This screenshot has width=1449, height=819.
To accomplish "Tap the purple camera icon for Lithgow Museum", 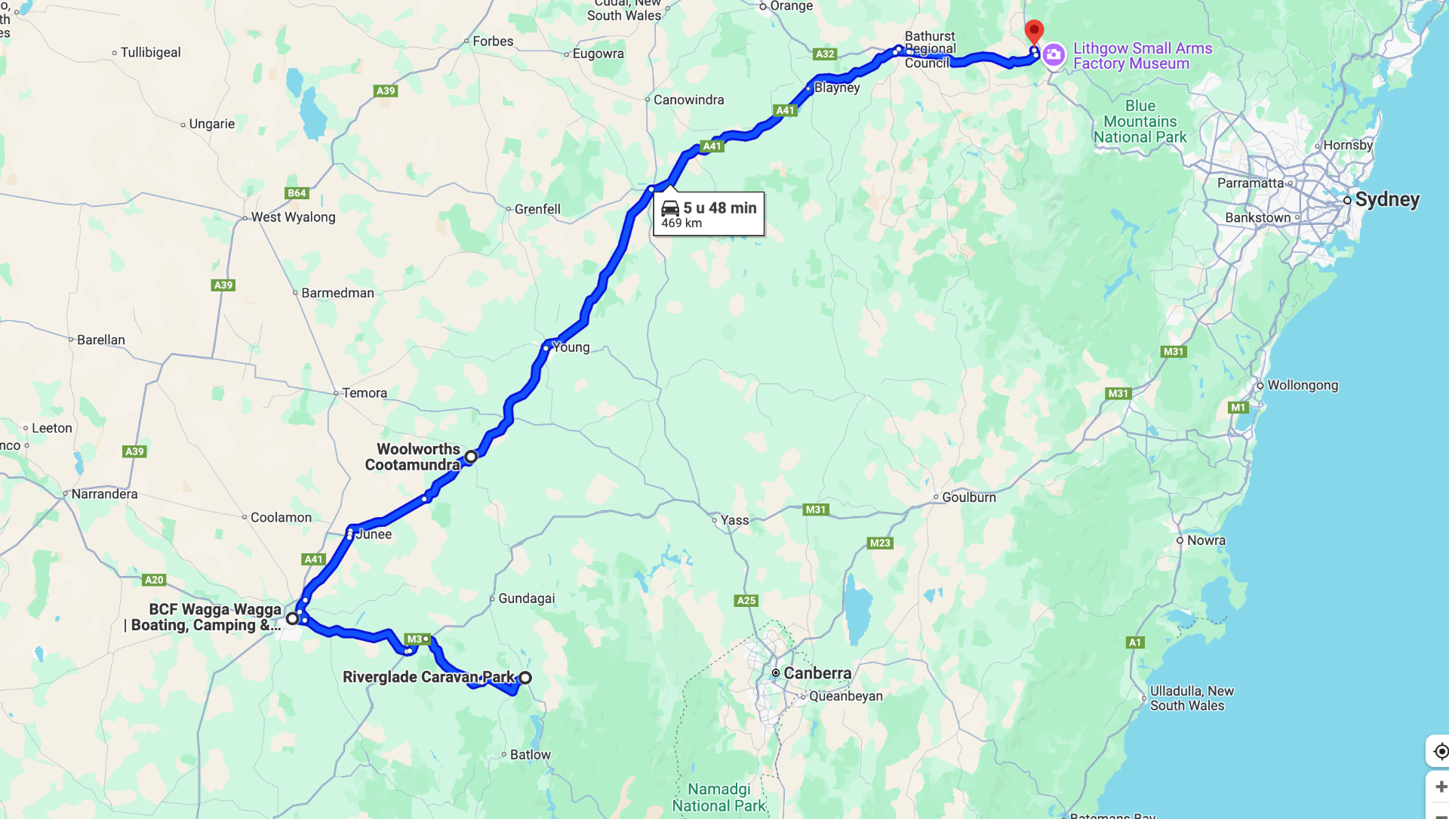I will click(x=1054, y=55).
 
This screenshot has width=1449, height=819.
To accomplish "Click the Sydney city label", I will click(x=1386, y=199).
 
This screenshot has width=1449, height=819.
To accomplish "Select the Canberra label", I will click(x=817, y=673).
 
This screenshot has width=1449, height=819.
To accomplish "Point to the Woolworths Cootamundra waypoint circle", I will click(x=471, y=457).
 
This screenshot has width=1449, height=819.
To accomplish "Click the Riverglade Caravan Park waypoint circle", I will click(x=525, y=678).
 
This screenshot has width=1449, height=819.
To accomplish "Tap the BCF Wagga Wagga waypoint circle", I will click(x=292, y=619).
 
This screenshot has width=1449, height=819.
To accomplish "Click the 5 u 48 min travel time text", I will click(x=719, y=208).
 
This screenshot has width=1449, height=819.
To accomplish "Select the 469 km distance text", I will click(x=681, y=223).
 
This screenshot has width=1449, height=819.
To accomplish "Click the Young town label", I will click(x=571, y=347).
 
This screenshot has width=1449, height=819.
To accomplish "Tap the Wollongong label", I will click(x=1302, y=385).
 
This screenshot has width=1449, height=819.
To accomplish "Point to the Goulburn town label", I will click(x=968, y=497).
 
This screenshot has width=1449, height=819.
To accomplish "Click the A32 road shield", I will click(x=825, y=54).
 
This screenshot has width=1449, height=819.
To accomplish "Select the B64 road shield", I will click(x=297, y=193).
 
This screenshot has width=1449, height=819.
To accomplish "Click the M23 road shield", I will click(x=880, y=543).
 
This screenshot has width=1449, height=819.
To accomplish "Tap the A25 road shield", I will click(x=746, y=601).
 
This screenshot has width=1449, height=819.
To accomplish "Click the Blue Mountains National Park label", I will click(x=1140, y=122).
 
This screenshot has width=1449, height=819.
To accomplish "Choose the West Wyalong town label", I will click(x=293, y=217).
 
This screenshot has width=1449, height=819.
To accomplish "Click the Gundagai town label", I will click(x=526, y=599).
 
